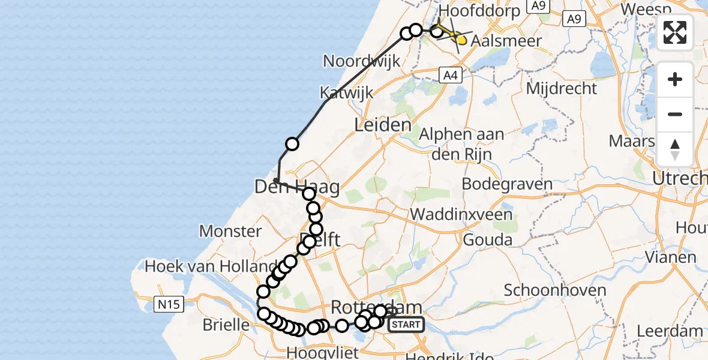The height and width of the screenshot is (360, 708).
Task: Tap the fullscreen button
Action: [675, 32]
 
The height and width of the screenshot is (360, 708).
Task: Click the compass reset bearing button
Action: [675, 149]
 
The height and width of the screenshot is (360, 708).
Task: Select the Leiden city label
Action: [383, 125]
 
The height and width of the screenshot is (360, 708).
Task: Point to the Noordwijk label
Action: [361, 61]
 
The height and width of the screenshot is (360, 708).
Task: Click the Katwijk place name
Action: [346, 93]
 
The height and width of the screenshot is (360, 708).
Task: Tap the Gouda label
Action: [488, 241]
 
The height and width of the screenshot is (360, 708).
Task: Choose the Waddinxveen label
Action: [462, 214]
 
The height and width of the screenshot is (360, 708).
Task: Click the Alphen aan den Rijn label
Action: [461, 144]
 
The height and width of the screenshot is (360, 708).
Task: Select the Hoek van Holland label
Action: [210, 265]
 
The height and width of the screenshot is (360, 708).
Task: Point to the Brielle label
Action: [226, 325]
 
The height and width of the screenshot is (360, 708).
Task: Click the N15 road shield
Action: [168, 305]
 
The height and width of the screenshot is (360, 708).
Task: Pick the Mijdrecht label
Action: [562, 89]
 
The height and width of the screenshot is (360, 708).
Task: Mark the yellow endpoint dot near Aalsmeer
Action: [461, 40]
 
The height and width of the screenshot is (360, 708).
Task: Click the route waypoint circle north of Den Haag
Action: [292, 144]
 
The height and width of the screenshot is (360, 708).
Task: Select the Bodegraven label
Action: [507, 184]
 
